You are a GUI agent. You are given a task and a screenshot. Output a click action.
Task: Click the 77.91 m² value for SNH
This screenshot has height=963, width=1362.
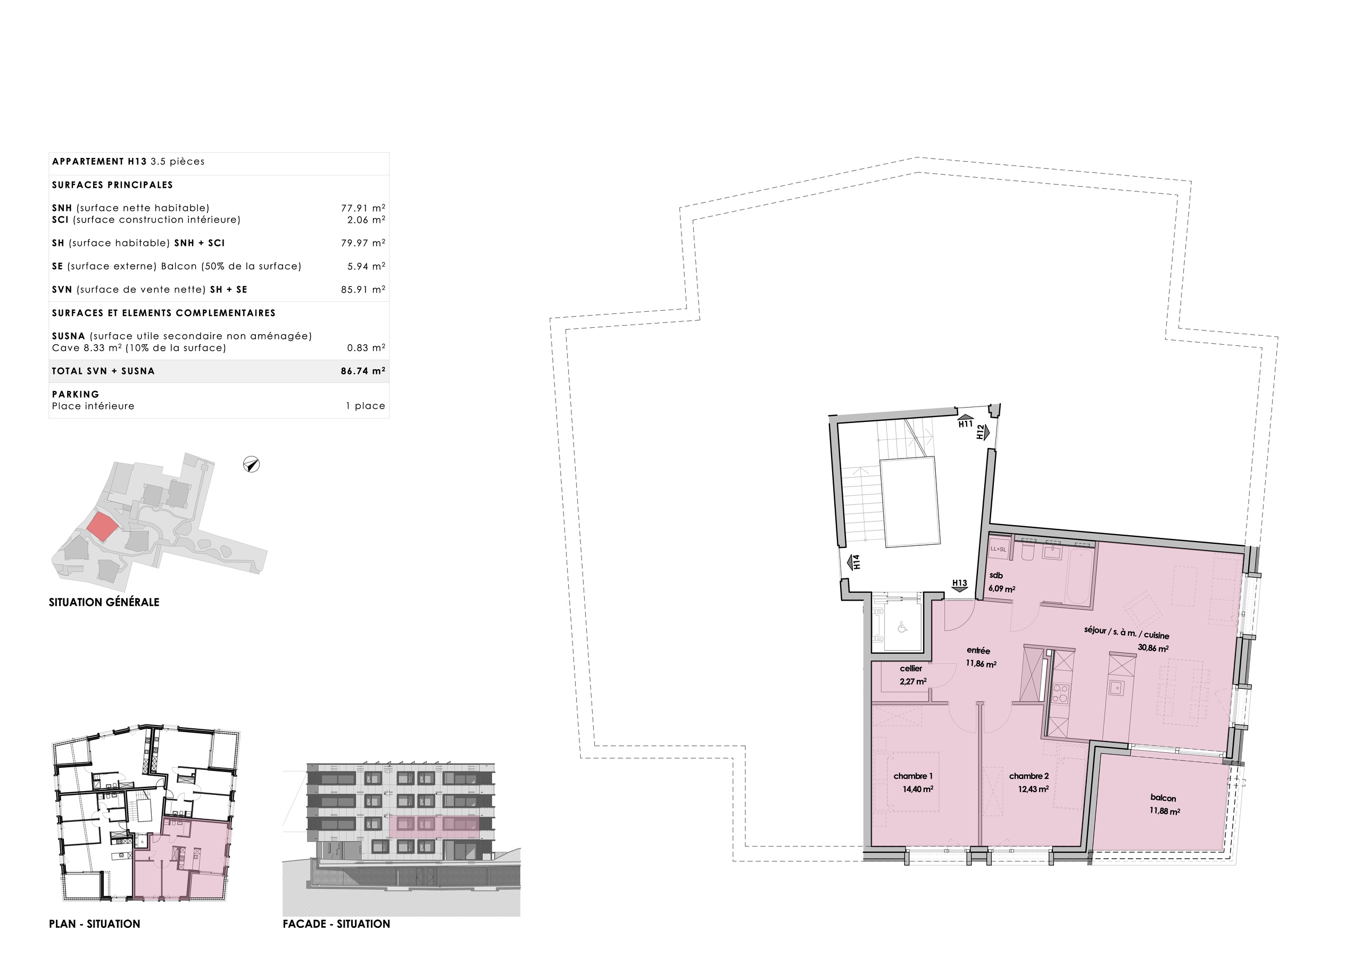coord(362,208)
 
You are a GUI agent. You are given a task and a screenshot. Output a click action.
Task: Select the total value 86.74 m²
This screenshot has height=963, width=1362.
coord(362,371)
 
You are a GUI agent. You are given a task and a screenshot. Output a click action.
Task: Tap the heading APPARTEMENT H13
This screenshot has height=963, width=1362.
coord(99,161)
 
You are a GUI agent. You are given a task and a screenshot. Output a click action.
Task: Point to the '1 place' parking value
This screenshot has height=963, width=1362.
coord(366,406)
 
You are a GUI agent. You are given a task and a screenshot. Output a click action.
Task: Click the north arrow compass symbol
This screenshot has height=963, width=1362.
coord(252,464)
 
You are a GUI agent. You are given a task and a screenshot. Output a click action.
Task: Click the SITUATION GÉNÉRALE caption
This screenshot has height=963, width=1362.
coord(104,602)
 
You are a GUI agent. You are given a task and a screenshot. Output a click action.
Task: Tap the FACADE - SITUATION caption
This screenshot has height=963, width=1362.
coord(336,924)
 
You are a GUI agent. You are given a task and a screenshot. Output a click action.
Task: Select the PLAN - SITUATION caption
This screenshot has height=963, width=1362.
coord(94,924)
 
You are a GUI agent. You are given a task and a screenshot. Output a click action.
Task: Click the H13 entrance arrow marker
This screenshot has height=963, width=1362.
coord(959,584)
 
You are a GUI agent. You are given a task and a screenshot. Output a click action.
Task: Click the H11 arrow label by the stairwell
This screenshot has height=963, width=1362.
coord(965,421)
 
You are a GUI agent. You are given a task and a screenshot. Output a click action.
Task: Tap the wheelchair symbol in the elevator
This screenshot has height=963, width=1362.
coord(902,627)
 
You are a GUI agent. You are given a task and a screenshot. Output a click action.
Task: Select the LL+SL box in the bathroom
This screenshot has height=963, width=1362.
coord(999,549)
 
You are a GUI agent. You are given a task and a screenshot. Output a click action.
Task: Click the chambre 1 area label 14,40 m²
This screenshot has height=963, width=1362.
coord(918,789)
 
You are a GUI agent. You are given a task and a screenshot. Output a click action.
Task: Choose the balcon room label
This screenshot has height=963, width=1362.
coord(1162,798)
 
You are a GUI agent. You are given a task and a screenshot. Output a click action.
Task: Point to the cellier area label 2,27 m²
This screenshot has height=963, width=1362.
coord(913,682)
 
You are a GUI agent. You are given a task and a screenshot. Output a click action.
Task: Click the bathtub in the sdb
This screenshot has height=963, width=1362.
coord(1080,576)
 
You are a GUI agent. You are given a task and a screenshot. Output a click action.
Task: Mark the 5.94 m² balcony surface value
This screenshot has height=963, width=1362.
coord(366,267)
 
